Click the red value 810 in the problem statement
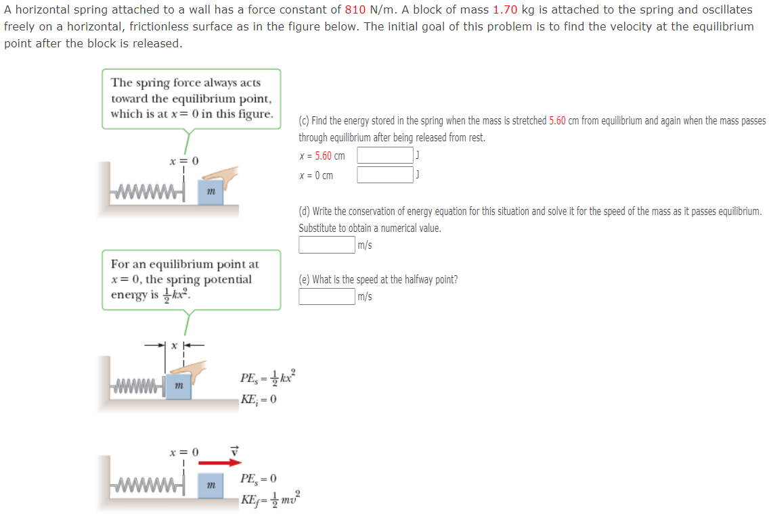[x=355, y=10]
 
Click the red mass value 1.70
[x=505, y=10]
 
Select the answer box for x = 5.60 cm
[x=384, y=156]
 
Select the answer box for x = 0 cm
[x=384, y=175]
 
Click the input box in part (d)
[x=327, y=245]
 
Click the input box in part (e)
[x=327, y=296]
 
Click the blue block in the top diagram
[x=211, y=192]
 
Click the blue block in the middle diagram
[x=178, y=385]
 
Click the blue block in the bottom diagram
[x=211, y=485]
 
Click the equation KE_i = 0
[x=258, y=398]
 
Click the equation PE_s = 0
[x=258, y=479]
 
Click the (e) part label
[x=304, y=279]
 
